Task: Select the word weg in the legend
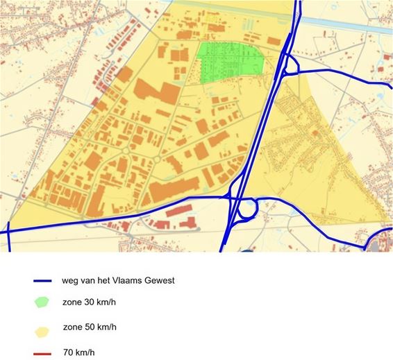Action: coord(72,281)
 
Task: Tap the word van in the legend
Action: coord(92,281)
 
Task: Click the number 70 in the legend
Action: coord(70,352)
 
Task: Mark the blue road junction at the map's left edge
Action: coord(8,228)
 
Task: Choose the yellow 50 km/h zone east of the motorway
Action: coord(326,160)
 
